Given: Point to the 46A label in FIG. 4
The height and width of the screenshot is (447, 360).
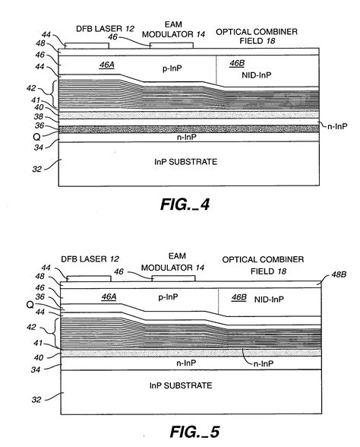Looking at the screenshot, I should (x=106, y=66).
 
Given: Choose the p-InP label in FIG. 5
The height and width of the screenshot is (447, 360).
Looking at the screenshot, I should (x=177, y=298).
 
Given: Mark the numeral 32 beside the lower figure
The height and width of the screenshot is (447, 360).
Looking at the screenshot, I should (x=34, y=397).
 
